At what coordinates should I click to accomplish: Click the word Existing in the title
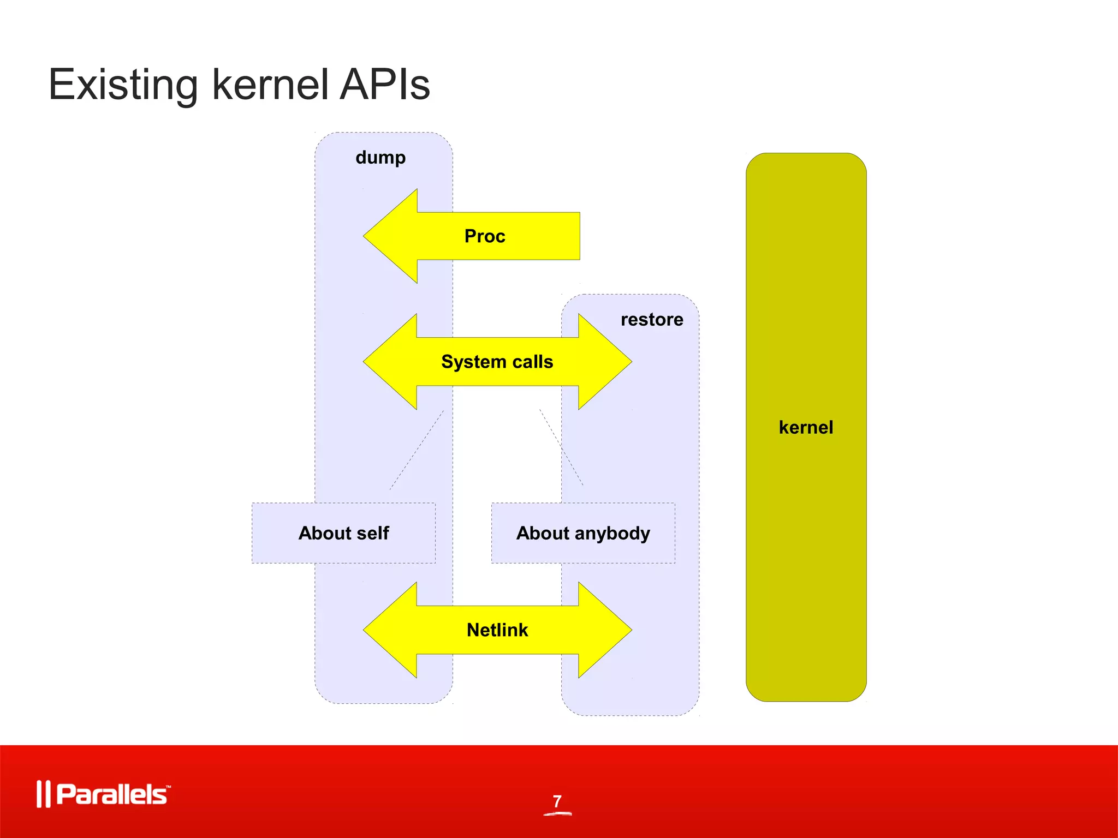tap(123, 85)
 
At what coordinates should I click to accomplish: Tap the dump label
tap(380, 158)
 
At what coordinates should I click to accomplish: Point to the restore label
tap(651, 320)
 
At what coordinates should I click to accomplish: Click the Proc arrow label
tap(485, 236)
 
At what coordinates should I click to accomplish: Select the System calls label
tap(497, 362)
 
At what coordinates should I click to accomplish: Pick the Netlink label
tap(497, 630)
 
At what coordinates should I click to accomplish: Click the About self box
tap(343, 533)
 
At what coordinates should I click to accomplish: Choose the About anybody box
tap(583, 533)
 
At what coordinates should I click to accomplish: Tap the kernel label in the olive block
tap(806, 427)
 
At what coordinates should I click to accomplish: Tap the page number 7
tap(557, 801)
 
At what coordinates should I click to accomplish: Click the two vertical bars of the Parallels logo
tap(43, 794)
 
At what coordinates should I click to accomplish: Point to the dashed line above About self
tap(417, 450)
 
